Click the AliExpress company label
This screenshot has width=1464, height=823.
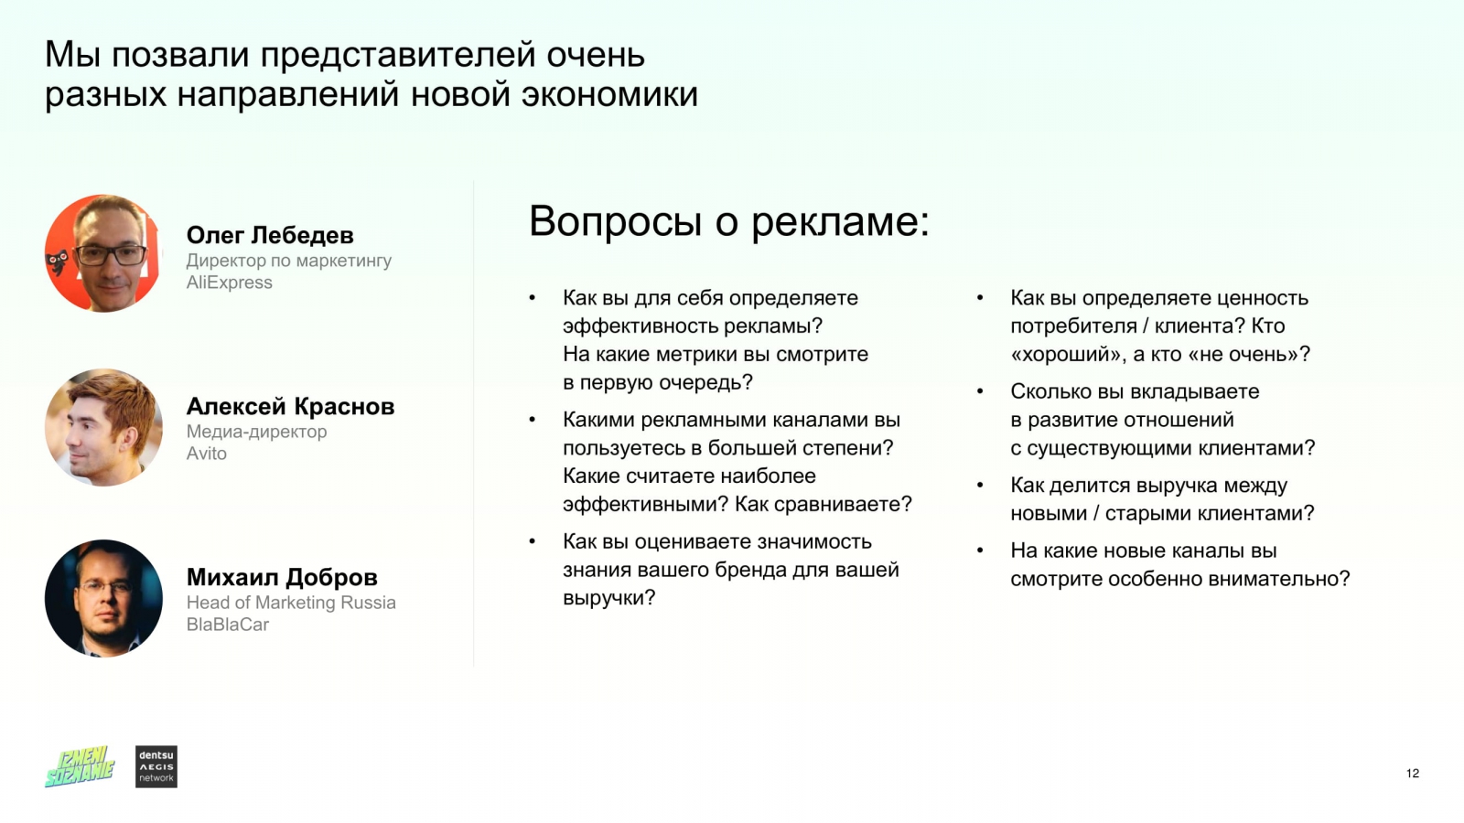230,283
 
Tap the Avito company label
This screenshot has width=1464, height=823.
207,454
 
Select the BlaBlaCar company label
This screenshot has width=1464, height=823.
228,625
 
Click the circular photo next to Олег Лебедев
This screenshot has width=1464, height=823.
103,253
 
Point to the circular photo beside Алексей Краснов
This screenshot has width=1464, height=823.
103,427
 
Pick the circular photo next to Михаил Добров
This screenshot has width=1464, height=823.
103,598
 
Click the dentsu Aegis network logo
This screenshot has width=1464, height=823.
156,766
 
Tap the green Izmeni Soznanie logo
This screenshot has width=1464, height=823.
80,766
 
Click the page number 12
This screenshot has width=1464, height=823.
1413,774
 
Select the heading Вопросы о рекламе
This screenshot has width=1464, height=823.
728,222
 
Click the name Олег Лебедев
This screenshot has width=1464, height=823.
270,236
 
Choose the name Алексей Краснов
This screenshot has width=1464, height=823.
290,407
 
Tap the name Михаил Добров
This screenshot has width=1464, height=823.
282,578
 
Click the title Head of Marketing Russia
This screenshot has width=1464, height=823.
291,603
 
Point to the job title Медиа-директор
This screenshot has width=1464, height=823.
256,432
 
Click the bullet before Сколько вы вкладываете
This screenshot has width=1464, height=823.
980,392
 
